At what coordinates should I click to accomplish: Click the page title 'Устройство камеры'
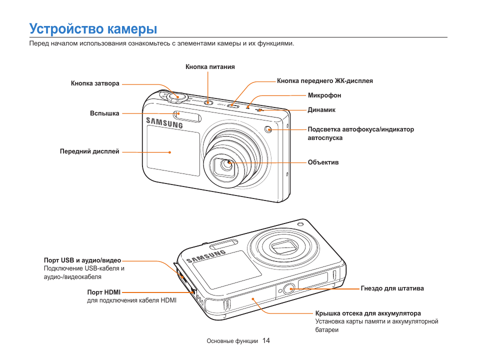coord(93,28)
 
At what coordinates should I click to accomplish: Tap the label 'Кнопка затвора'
coord(95,83)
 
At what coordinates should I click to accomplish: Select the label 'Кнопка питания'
coord(210,66)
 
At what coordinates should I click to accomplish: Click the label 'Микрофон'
coord(324,95)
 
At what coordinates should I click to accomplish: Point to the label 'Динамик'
coord(321,109)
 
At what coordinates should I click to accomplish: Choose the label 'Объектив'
coord(323,162)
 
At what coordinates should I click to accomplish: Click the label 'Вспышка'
coord(104,113)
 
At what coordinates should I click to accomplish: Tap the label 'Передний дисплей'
coord(89,151)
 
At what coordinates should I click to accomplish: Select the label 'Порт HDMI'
coord(104,292)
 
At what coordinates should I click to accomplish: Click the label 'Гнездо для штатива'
coord(392,288)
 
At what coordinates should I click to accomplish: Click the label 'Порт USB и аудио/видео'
coord(82,260)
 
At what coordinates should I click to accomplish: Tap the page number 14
coord(266,340)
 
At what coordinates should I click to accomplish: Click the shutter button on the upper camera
coord(173,95)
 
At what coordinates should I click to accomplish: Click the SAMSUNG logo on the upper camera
coord(164,122)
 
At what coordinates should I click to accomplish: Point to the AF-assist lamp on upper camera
coord(268,129)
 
